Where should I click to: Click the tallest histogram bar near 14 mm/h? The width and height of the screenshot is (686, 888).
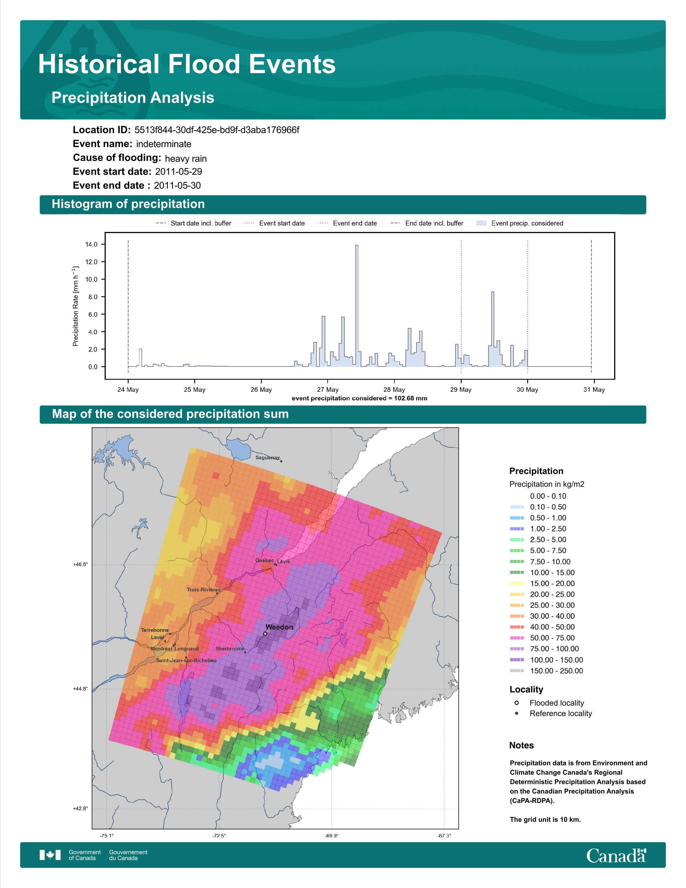tap(357, 306)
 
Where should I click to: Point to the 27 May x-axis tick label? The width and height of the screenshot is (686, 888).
tap(328, 390)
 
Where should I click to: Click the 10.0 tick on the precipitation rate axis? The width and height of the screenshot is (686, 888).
tap(91, 279)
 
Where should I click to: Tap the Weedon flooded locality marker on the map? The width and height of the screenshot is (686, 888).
tap(265, 633)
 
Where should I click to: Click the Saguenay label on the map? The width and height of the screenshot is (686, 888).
tap(267, 457)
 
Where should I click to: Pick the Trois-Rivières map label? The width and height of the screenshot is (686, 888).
tap(204, 590)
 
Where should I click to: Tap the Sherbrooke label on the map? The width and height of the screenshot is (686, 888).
tap(230, 649)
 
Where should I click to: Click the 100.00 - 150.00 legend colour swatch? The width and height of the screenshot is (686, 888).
tap(517, 660)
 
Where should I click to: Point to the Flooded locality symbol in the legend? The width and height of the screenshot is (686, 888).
tap(517, 703)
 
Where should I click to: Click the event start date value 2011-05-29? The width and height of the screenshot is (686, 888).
tap(178, 172)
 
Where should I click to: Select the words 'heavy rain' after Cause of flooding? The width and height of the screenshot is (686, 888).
tap(186, 158)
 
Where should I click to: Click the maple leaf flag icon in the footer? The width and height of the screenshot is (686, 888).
tap(50, 855)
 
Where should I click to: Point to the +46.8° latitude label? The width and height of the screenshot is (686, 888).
tap(80, 564)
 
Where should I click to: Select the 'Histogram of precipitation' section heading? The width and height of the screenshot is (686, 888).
tap(128, 204)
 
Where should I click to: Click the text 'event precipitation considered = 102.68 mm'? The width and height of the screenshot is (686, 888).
tap(359, 399)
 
